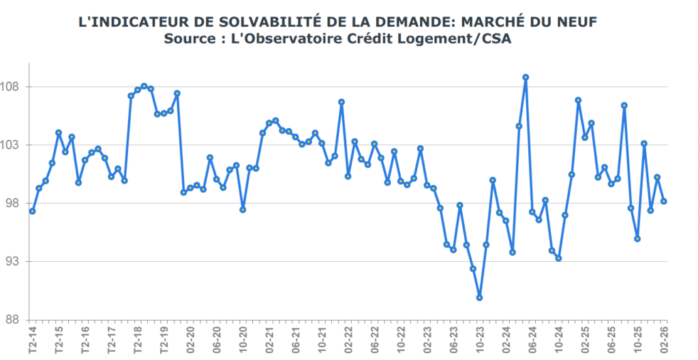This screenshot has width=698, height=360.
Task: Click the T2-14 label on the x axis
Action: [x=33, y=339]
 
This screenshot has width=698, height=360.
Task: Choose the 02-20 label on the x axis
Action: [x=190, y=339]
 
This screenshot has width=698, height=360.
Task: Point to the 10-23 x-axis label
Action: [x=480, y=339]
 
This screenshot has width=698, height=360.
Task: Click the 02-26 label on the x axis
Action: [x=664, y=339]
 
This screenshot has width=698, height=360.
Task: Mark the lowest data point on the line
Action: [x=480, y=298]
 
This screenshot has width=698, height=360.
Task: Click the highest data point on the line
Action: [x=526, y=77]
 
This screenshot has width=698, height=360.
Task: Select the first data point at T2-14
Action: [x=33, y=211]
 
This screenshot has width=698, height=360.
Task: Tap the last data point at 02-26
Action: [x=664, y=201]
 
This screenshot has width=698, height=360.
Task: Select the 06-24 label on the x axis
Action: [x=532, y=339]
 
